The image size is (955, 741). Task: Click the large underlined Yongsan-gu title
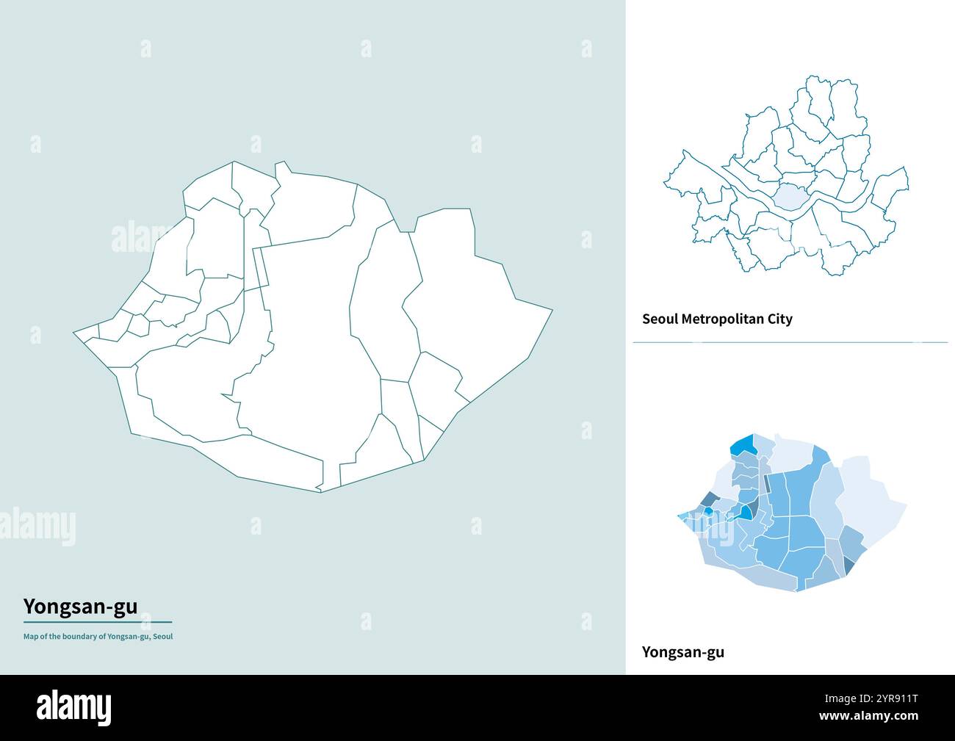[x=79, y=607]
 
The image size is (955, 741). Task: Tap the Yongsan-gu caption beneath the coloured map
[x=682, y=651]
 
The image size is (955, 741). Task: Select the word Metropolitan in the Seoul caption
[x=725, y=319]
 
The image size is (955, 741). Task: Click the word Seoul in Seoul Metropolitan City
[x=660, y=319]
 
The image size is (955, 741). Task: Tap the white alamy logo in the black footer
[x=74, y=707]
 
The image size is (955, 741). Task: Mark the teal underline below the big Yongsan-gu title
[x=97, y=622]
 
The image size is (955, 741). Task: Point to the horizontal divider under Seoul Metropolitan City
[x=790, y=342]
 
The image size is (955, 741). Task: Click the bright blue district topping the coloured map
[x=744, y=445]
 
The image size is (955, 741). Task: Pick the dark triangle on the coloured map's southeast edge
[x=849, y=565]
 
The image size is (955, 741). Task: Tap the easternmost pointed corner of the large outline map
[x=552, y=311]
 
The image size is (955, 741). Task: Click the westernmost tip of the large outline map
[x=74, y=334]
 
